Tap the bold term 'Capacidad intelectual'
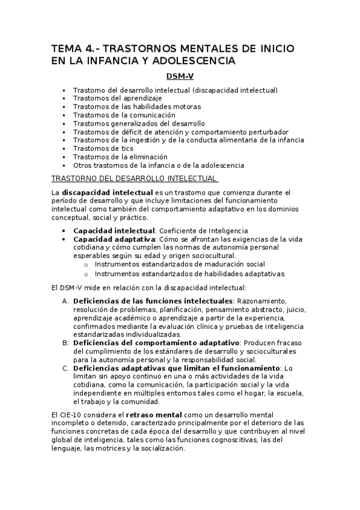pos(114,230)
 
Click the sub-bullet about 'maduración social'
pos(180,265)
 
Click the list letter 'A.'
pos(66,301)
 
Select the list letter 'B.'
pos(66,343)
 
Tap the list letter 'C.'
pos(66,368)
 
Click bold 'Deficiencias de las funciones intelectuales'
pos(153,301)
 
